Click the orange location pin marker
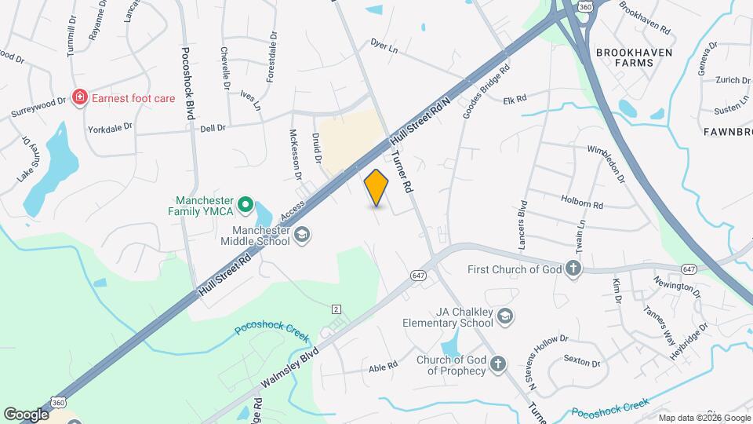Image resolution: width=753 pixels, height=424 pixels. (376, 187)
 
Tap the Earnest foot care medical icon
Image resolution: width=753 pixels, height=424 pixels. (78, 97)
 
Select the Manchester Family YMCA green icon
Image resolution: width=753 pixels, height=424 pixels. (245, 205)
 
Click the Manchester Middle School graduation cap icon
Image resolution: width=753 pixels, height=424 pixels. (302, 235)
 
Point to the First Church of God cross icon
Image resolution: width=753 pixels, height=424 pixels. (574, 269)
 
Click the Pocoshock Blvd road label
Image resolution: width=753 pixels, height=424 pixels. (187, 82)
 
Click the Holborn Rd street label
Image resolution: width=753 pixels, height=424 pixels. (582, 203)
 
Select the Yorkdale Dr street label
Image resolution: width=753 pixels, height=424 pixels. (109, 127)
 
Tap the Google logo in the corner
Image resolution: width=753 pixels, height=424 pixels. (26, 414)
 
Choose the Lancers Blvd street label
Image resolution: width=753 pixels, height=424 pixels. (522, 228)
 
